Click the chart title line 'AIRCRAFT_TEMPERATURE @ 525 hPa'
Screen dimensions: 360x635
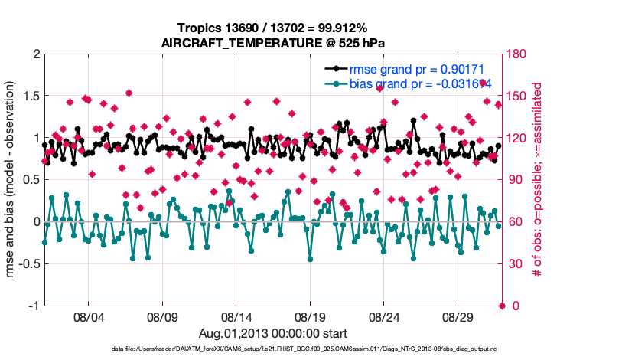[x=272, y=43]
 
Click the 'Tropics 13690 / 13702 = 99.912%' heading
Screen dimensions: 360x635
[x=272, y=28]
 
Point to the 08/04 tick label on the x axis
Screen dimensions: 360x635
[x=87, y=316]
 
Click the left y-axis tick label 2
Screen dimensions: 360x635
[x=34, y=54]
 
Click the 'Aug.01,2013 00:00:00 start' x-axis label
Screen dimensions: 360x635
[x=272, y=333]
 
